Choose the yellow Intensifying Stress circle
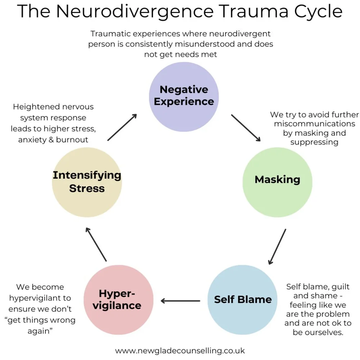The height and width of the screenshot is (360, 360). coord(87,182)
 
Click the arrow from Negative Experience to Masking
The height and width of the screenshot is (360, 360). coord(246,128)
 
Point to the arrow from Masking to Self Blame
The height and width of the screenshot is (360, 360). coord(277,247)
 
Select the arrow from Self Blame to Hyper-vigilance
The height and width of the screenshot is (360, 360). coord(180,301)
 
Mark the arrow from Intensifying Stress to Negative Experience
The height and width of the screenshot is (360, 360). coord(122,127)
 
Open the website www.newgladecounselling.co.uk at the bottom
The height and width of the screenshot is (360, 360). coord(180,350)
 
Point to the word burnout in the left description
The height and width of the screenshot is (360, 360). coord(72,140)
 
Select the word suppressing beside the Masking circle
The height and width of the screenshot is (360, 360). coord(314,142)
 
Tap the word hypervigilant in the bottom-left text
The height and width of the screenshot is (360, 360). coord(40,298)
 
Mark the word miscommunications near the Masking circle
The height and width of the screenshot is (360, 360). coord(314,124)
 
